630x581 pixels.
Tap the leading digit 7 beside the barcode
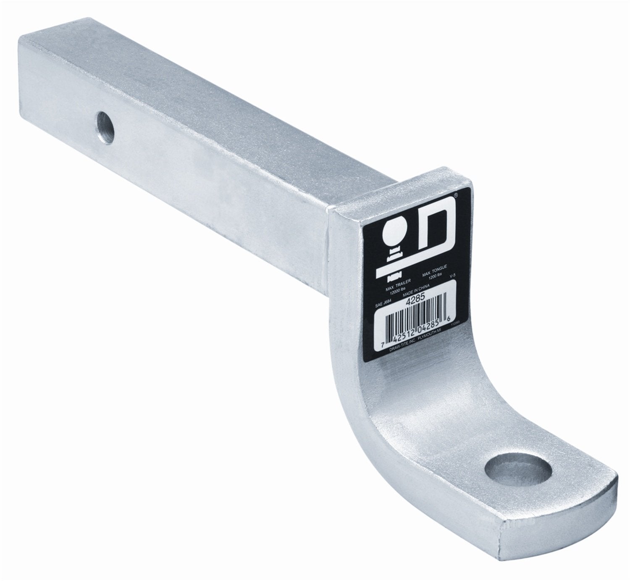tap(381, 344)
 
